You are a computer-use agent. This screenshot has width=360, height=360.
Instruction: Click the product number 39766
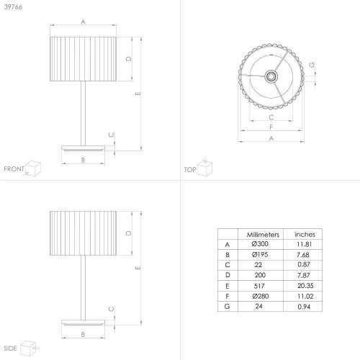13,7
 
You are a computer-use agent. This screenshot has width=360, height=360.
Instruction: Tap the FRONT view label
14,169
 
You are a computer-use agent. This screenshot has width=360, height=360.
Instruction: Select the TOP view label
190,170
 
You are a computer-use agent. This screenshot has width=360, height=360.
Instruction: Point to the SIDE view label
10,348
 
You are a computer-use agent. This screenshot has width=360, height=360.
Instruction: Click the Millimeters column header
263,235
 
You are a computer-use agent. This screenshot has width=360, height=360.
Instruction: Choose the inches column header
305,234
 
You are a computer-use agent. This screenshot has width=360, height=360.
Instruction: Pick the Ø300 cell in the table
260,244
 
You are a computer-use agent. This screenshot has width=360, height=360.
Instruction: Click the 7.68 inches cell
303,255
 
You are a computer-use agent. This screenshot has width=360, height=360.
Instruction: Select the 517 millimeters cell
259,286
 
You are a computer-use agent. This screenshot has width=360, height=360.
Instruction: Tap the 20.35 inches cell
305,286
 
